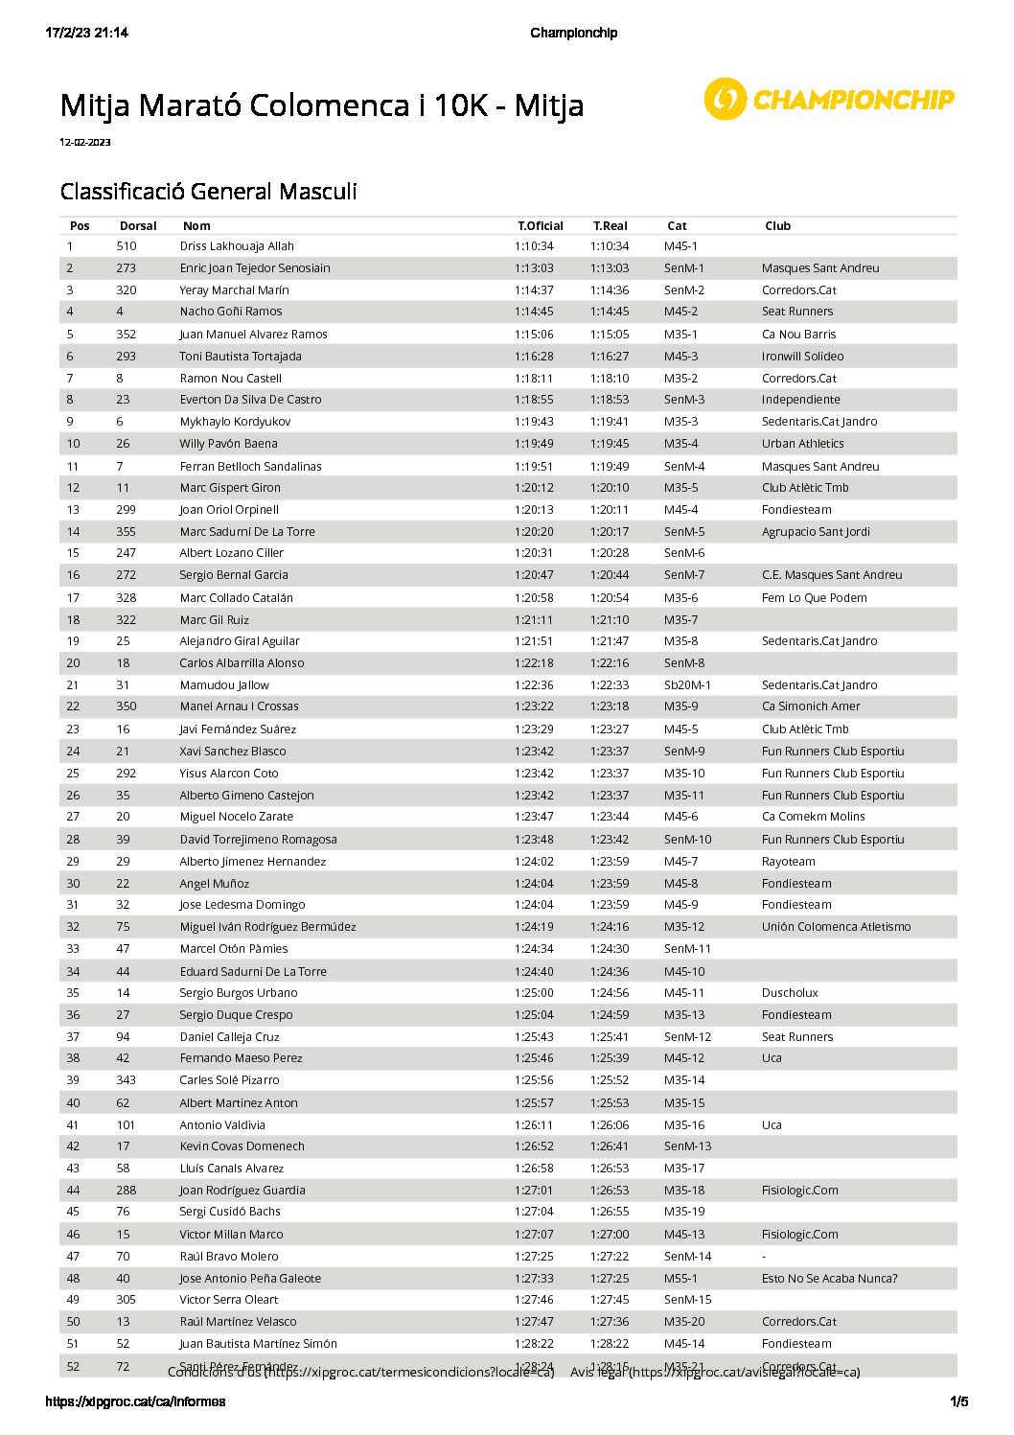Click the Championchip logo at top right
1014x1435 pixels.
pos(829,99)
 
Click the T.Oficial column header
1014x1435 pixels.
pos(541,226)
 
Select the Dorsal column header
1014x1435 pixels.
pos(138,226)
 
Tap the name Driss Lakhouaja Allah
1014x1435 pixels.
pos(237,246)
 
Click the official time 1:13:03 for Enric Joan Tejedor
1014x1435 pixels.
pos(534,268)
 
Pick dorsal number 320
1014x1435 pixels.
pos(127,290)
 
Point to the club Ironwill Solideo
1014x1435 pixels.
pos(802,357)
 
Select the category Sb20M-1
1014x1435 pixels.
pos(687,685)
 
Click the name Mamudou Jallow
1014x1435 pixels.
pos(224,685)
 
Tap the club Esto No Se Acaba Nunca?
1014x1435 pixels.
pos(829,1279)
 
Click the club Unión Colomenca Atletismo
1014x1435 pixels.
pos(836,927)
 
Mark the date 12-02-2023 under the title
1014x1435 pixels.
pos(85,143)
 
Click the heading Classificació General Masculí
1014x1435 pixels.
pos(208,192)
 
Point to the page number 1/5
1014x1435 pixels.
pos(958,1402)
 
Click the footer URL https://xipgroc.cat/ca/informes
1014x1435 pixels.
pos(136,1402)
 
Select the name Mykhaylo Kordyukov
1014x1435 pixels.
pos(235,422)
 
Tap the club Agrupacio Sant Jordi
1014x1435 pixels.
pos(816,532)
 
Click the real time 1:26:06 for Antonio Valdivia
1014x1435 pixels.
pos(610,1125)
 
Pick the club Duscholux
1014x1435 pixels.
pos(790,993)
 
